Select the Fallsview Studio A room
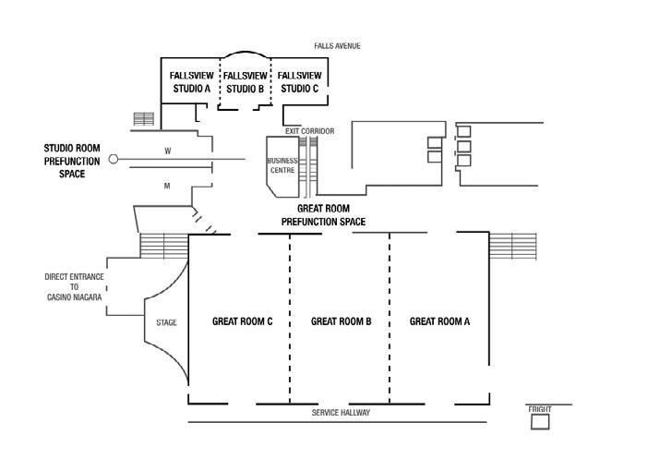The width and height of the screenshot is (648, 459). (192, 81)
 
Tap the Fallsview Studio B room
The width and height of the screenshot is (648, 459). (246, 81)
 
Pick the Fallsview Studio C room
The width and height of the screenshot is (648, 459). (299, 81)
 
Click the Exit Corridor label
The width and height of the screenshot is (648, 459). (309, 131)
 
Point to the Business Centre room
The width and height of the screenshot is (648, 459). (282, 165)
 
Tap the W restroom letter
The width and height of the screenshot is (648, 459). (168, 150)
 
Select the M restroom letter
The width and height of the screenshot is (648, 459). (167, 186)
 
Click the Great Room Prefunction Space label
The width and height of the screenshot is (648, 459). (323, 215)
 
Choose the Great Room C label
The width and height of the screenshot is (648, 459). (242, 321)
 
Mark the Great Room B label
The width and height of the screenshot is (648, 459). (341, 321)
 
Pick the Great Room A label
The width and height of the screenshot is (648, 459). (439, 321)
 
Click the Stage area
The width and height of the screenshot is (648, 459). (166, 322)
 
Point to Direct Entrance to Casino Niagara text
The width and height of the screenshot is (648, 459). (74, 286)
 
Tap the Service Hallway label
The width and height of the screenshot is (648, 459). (341, 413)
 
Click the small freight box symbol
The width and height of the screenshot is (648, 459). (540, 421)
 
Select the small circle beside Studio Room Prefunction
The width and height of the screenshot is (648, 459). (114, 159)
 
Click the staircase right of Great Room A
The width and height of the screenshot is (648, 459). (512, 247)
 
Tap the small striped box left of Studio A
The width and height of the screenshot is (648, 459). (143, 119)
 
